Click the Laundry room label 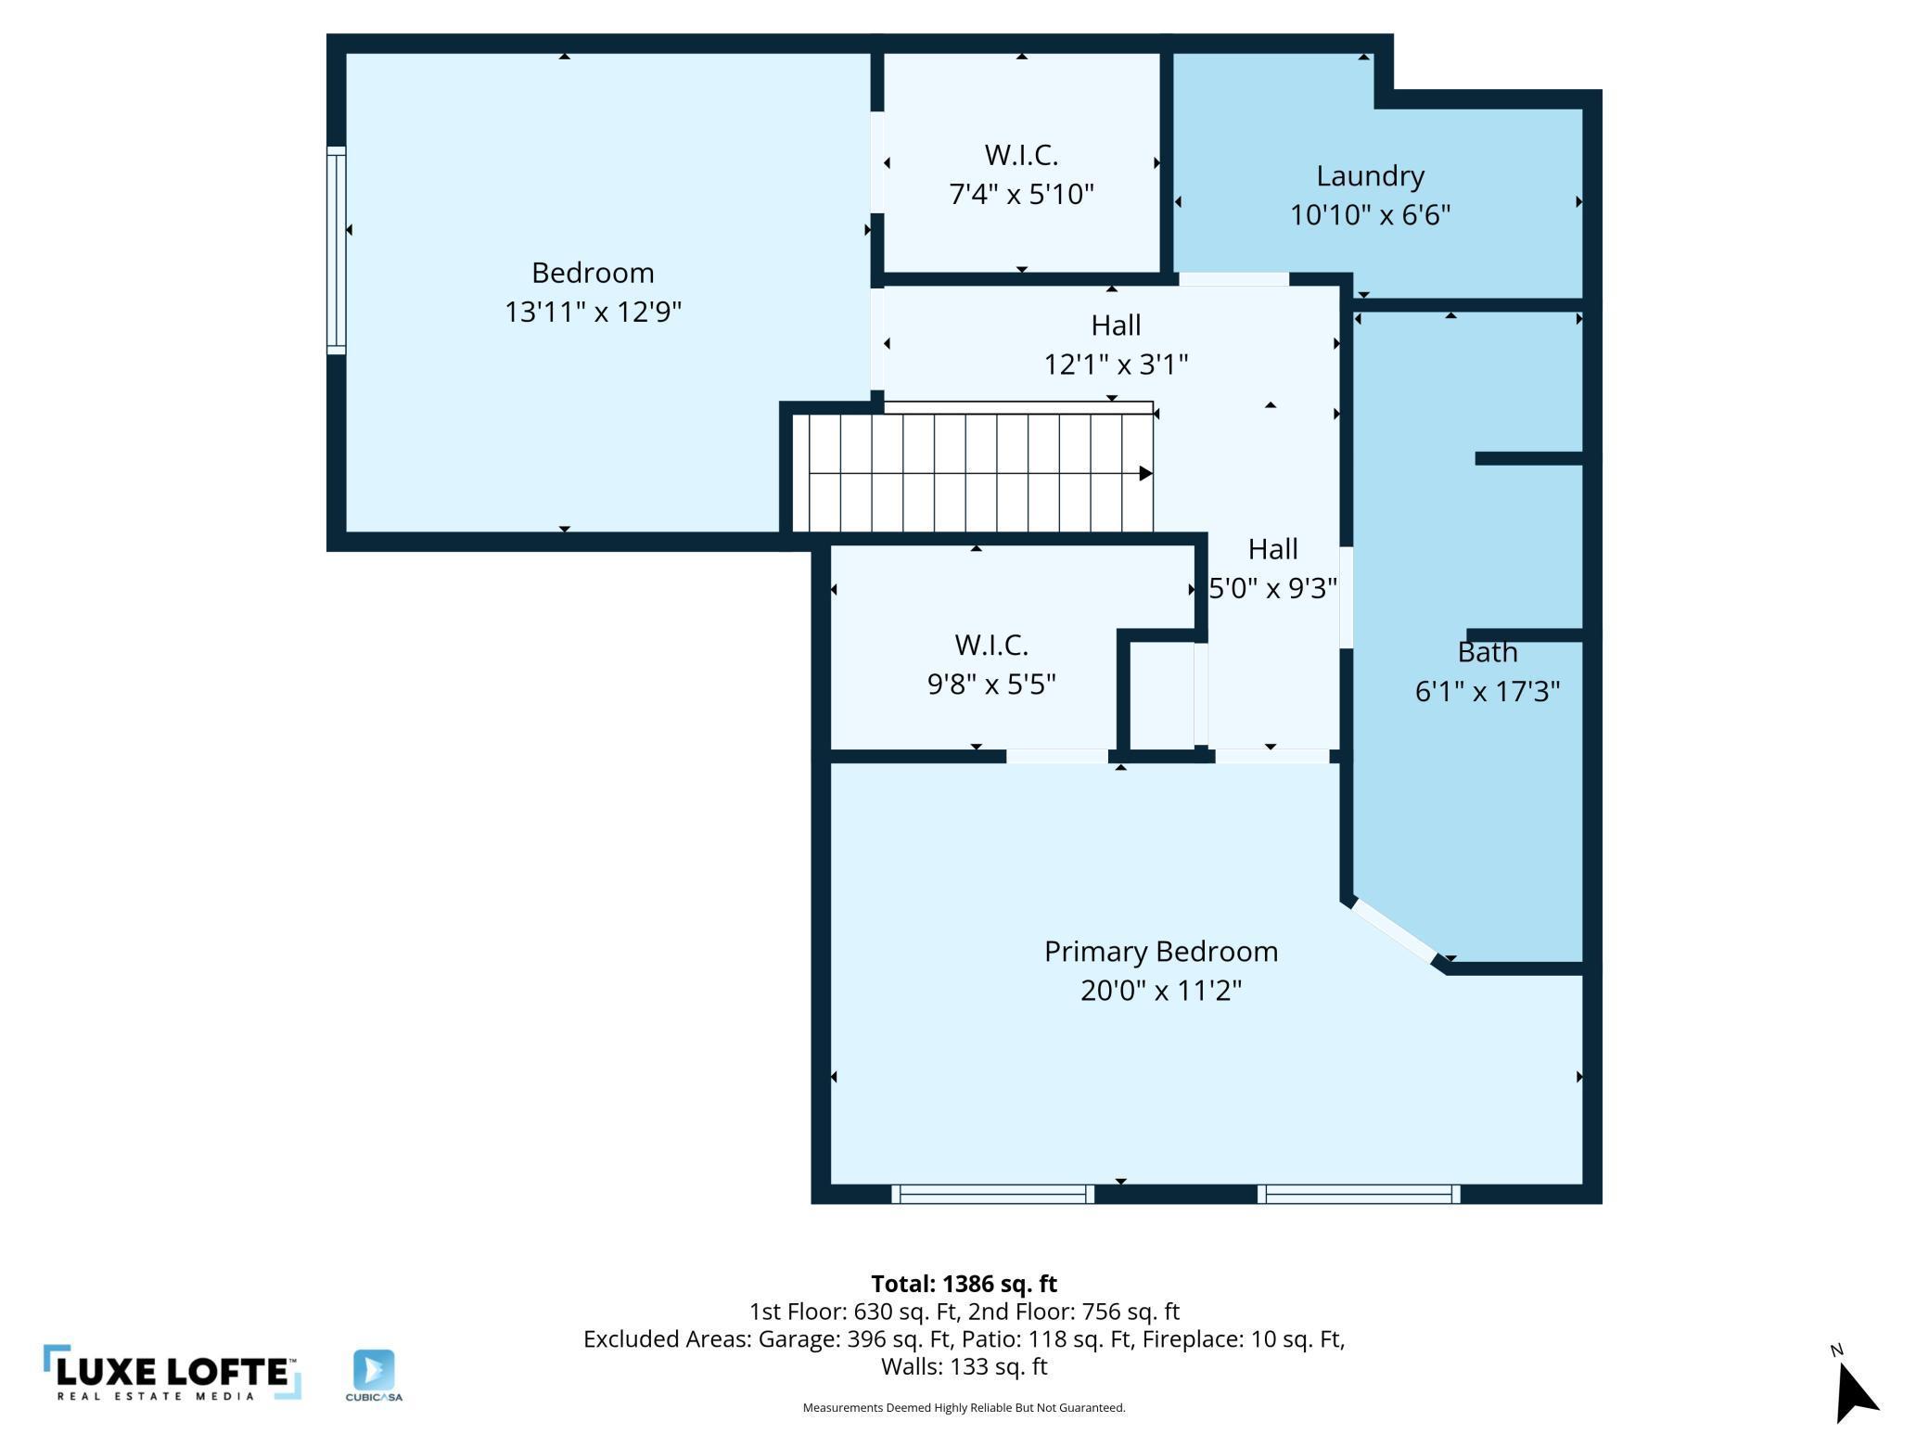[x=1370, y=175]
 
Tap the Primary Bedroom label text [x=1161, y=952]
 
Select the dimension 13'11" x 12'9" [x=593, y=312]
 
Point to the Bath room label [x=1488, y=652]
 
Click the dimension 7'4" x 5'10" [x=1021, y=195]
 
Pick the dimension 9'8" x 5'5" [x=991, y=685]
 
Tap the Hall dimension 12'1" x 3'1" [x=1116, y=365]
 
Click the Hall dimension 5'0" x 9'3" [x=1272, y=588]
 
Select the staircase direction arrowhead [x=1146, y=474]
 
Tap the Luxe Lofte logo [x=172, y=1372]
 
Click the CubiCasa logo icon [x=374, y=1370]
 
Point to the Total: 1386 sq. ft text [x=964, y=1284]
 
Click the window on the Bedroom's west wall [x=336, y=250]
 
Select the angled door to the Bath [x=1395, y=930]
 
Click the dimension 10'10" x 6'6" [x=1370, y=215]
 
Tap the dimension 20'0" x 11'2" [x=1161, y=991]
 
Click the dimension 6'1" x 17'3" [x=1488, y=692]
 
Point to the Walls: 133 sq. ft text [x=964, y=1366]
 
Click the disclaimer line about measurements [x=964, y=1408]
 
